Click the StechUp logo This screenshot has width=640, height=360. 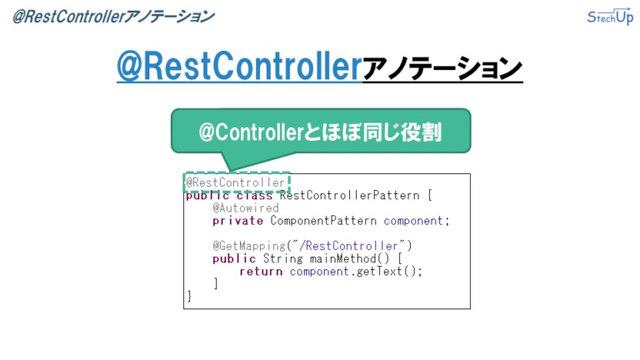tap(610, 17)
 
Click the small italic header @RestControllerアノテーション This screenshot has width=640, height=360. tap(112, 17)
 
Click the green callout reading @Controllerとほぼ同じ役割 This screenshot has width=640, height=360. tap(321, 132)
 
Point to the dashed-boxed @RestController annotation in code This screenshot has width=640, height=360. tap(236, 182)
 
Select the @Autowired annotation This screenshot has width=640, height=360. tap(246, 208)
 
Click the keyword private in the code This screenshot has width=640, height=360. tap(237, 221)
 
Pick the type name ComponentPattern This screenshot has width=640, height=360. tap(324, 221)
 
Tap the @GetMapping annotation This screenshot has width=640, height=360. tap(249, 246)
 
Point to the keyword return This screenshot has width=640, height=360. tap(261, 271)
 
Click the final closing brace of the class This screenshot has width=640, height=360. tap(189, 296)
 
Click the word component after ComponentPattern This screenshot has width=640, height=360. tap(413, 221)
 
